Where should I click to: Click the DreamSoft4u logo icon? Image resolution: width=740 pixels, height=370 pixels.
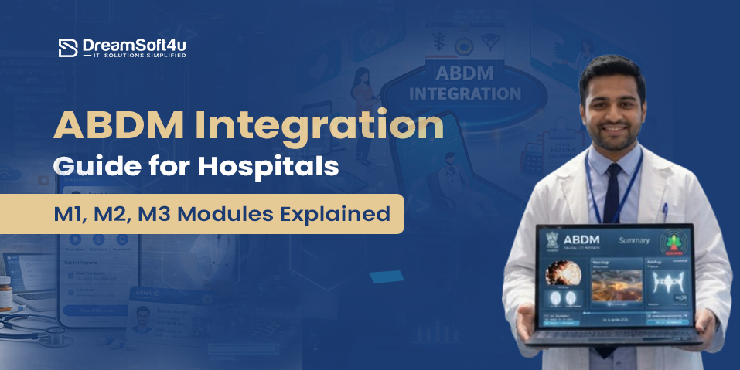69,48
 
